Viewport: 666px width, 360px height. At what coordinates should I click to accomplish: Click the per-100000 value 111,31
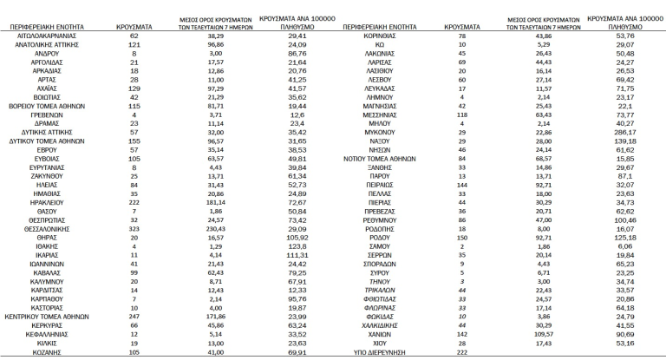[x=301, y=255]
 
